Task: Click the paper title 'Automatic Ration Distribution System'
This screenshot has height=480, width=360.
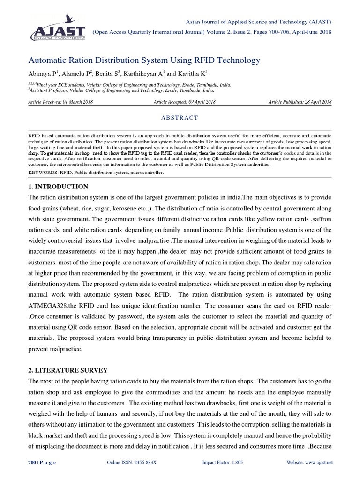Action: pyautogui.click(x=144, y=60)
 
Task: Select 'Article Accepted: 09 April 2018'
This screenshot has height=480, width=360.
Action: pyautogui.click(x=184, y=102)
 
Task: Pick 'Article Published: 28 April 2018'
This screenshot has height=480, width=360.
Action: pyautogui.click(x=300, y=102)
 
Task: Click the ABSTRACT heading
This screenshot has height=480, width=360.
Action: pyautogui.click(x=180, y=117)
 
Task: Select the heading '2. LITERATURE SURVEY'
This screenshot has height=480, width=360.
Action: pyautogui.click(x=68, y=370)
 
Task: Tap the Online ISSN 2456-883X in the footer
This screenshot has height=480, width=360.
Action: pyautogui.click(x=132, y=462)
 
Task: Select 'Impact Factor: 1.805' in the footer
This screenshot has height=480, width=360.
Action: pyautogui.click(x=223, y=462)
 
